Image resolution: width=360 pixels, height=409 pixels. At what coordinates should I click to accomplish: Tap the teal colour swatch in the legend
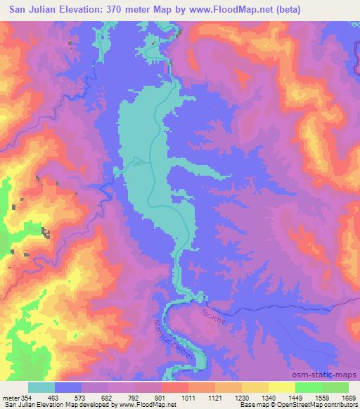click(41, 387)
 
